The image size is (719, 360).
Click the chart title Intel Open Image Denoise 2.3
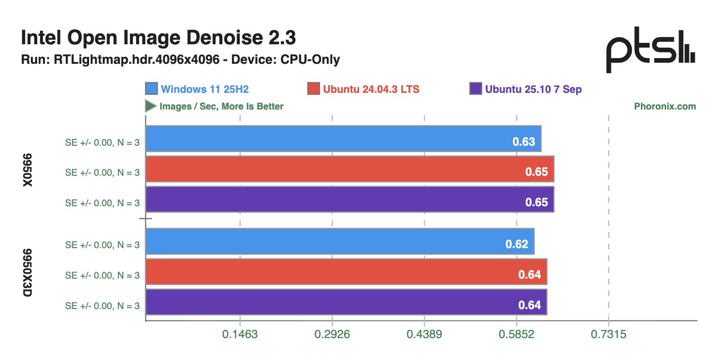click(x=159, y=39)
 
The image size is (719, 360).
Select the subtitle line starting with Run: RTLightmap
click(x=180, y=60)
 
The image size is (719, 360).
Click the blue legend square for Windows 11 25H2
click(x=151, y=89)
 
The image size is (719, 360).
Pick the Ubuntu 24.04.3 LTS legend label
click(x=371, y=89)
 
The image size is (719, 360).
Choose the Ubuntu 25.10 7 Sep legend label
click(x=533, y=89)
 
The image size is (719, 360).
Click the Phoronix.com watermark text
click(x=665, y=106)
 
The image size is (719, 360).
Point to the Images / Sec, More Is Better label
click(x=221, y=106)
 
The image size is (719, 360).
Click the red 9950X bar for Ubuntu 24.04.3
click(x=350, y=169)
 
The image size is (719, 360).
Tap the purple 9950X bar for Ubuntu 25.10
click(x=350, y=199)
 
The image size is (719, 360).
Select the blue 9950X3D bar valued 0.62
click(x=340, y=241)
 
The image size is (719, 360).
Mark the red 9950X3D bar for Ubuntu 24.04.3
click(x=346, y=271)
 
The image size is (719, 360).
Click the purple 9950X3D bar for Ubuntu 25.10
click(x=346, y=302)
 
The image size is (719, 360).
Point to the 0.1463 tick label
click(x=240, y=334)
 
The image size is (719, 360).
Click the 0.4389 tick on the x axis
click(x=424, y=334)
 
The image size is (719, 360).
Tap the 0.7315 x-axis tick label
click(x=609, y=334)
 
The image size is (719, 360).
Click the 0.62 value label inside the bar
click(x=517, y=244)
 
